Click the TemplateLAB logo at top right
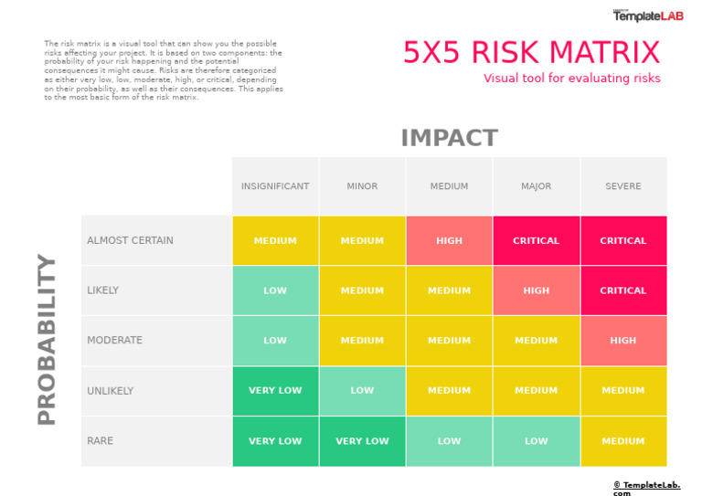[x=647, y=16]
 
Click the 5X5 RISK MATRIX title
[x=531, y=53]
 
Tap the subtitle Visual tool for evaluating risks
[x=571, y=79]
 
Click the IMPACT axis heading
[x=449, y=138]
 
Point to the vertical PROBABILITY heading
[x=47, y=339]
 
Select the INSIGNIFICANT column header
[x=275, y=186]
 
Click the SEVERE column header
[x=623, y=186]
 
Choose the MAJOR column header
[x=536, y=186]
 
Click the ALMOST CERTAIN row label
[x=130, y=241]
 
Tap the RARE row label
[x=101, y=441]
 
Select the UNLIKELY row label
[x=111, y=391]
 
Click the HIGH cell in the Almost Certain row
[x=449, y=241]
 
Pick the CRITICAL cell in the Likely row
[x=623, y=290]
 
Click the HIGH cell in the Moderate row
[x=623, y=341]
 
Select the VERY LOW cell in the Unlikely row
[x=275, y=391]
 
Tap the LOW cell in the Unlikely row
[x=362, y=391]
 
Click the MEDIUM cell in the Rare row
[x=623, y=441]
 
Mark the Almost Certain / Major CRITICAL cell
[x=536, y=241]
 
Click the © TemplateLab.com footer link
[x=645, y=486]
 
